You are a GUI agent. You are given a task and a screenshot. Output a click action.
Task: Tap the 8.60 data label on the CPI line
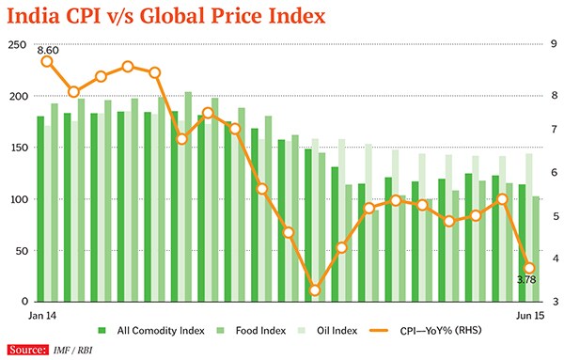tap(52, 50)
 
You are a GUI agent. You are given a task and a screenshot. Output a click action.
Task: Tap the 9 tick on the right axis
tap(554, 45)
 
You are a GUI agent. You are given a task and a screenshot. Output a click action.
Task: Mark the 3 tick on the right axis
tap(554, 302)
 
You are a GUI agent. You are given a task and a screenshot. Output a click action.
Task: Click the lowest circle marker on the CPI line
tap(315, 290)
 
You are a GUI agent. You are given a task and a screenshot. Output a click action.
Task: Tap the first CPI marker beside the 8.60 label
tap(46, 62)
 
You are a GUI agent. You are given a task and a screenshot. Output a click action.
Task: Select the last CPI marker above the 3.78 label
tap(529, 268)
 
